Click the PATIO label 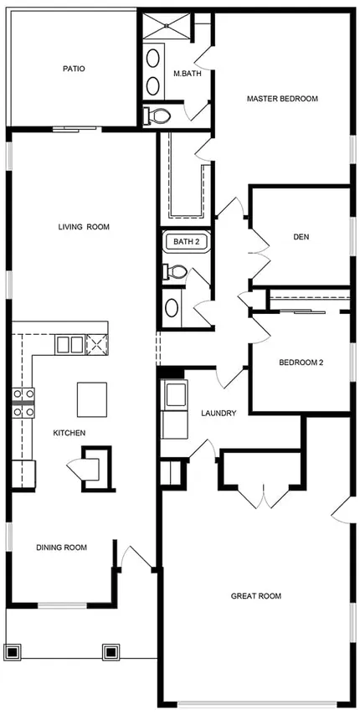(x=74, y=69)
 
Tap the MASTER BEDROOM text (x=282, y=99)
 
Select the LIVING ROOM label (x=84, y=227)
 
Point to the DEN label (x=301, y=237)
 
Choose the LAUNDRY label (x=219, y=414)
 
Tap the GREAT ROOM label (x=256, y=595)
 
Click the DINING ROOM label (x=61, y=548)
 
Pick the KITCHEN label (x=69, y=433)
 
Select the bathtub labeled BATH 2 (x=186, y=241)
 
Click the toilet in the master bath (x=156, y=116)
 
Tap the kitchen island (x=92, y=399)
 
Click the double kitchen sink (x=69, y=344)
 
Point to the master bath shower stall (x=167, y=26)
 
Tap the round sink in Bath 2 (x=172, y=308)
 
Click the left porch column (x=13, y=651)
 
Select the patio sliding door (x=75, y=129)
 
